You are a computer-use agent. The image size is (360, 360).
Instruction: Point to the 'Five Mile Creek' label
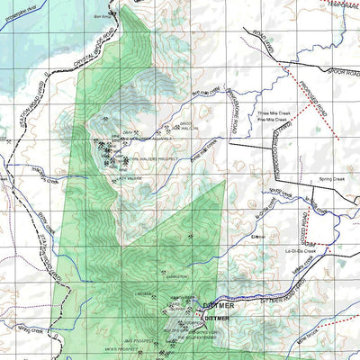tap(271, 119)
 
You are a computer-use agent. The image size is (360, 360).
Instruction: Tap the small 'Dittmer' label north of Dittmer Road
tap(259, 236)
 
